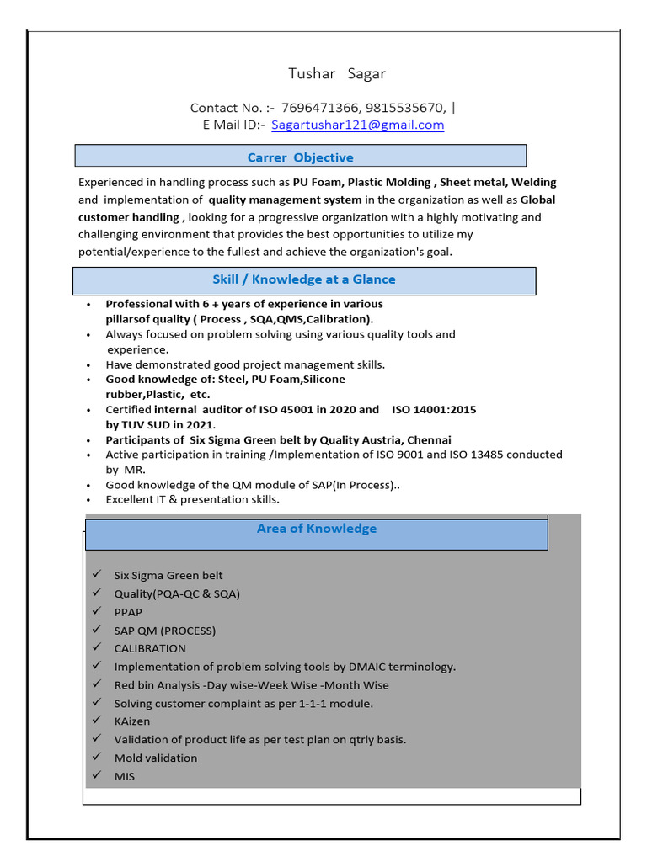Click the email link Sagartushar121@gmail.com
pos(357,125)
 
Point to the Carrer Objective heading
pos(300,157)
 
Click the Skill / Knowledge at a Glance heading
pos(303,279)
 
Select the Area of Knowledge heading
pos(317,529)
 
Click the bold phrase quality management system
pos(285,200)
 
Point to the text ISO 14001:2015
pos(434,409)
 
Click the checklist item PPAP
pos(128,612)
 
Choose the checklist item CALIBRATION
pos(150,648)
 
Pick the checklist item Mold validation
pos(156,758)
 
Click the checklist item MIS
pos(125,776)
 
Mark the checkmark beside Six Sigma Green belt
pos(98,575)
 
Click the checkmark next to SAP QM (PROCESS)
pos(98,630)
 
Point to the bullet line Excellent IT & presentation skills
pos(192,499)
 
